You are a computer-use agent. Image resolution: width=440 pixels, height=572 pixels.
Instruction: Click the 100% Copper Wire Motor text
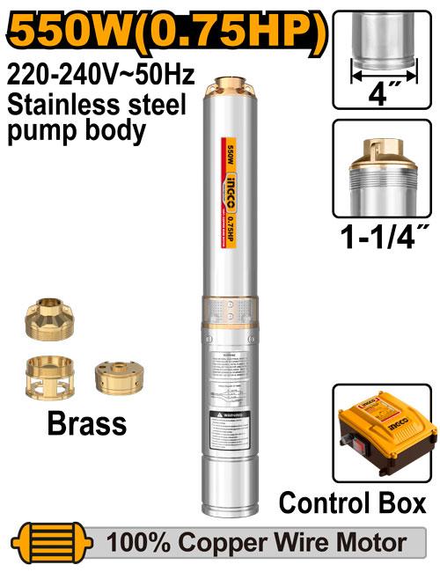click(256, 541)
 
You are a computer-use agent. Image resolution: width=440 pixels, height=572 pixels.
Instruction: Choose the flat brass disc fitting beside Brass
click(118, 377)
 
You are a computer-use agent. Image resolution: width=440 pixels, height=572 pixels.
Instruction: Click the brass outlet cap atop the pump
click(231, 85)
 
